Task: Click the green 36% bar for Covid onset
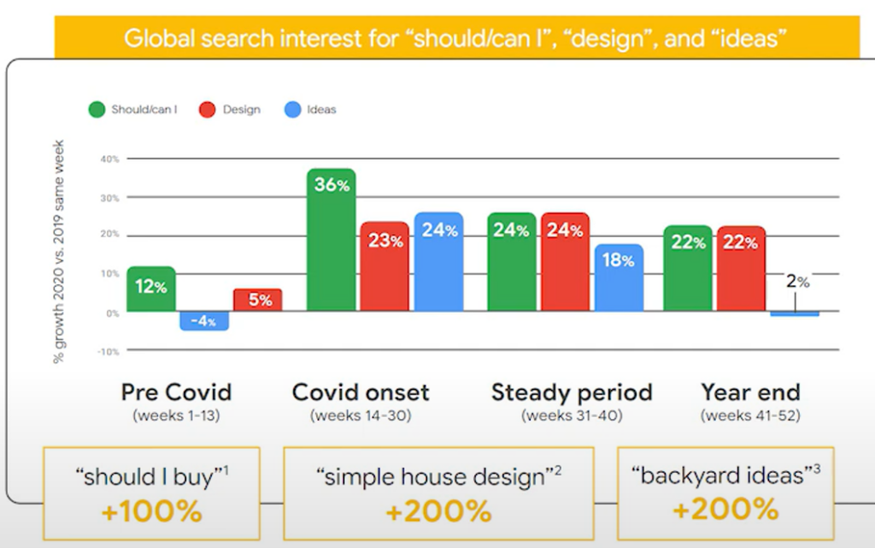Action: click(x=332, y=239)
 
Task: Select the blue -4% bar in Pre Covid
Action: click(x=204, y=321)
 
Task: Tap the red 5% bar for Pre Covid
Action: click(x=258, y=300)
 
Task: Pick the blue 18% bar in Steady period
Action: click(x=619, y=277)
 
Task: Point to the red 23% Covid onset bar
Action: click(x=385, y=266)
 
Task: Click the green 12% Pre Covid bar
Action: click(x=151, y=289)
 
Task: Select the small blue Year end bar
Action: click(x=795, y=314)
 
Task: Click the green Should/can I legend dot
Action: click(x=97, y=109)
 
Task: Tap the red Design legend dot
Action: click(x=208, y=109)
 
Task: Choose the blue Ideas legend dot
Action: click(x=292, y=109)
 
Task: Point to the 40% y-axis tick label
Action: click(x=110, y=159)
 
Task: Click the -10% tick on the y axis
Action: click(x=109, y=352)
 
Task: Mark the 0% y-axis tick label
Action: click(x=113, y=313)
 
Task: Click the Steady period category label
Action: click(x=572, y=393)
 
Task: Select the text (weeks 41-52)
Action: click(x=750, y=416)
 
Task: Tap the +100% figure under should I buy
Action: click(x=152, y=511)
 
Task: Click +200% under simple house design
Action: click(x=438, y=511)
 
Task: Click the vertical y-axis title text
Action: click(x=59, y=252)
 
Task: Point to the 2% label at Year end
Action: click(x=797, y=282)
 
